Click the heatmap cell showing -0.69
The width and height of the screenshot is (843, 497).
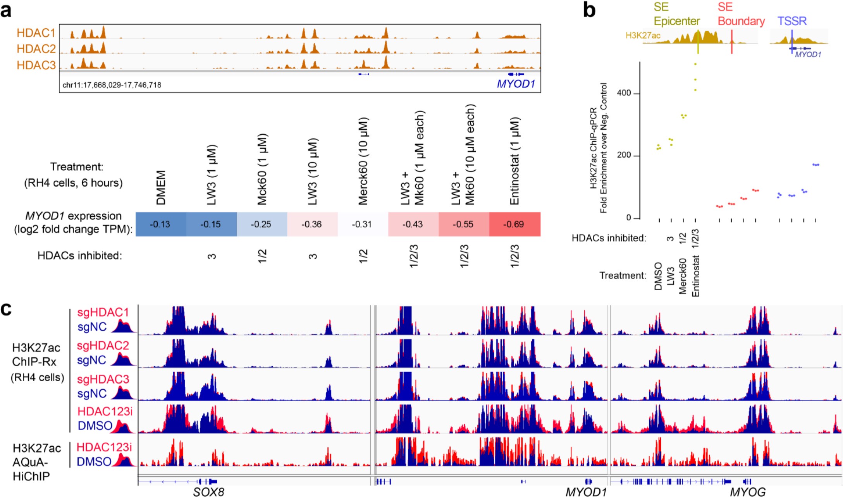pos(514,224)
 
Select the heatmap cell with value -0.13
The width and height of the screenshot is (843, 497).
pos(160,224)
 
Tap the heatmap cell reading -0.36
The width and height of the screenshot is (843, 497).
pos(312,224)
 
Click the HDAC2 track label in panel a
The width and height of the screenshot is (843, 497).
pos(36,49)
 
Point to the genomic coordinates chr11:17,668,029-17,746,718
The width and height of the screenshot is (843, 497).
pos(112,84)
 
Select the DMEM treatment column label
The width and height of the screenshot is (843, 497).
pos(160,187)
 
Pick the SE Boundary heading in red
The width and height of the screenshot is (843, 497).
pos(741,14)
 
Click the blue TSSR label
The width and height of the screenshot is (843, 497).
pos(792,21)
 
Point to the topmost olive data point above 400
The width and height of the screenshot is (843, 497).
pos(695,64)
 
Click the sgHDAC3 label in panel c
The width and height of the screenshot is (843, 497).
pos(103,379)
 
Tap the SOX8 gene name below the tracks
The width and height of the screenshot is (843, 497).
pos(208,492)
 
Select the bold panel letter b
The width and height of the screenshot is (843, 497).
pos(589,11)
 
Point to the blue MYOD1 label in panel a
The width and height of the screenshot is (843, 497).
pos(516,84)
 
